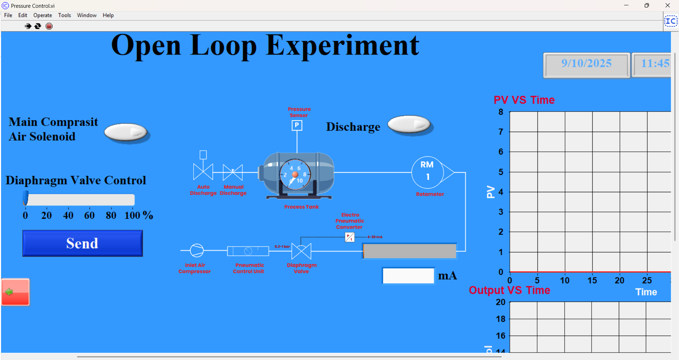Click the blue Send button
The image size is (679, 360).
click(82, 243)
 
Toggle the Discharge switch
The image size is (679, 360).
click(409, 125)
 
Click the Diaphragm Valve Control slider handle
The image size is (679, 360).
click(25, 198)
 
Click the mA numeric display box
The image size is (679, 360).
click(408, 276)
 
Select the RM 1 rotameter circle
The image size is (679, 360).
click(427, 172)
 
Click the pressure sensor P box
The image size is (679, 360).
click(297, 125)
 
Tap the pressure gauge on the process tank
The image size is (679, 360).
click(295, 175)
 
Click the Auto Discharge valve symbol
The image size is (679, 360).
click(203, 172)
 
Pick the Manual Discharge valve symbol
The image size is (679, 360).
click(233, 172)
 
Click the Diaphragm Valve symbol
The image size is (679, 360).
click(301, 251)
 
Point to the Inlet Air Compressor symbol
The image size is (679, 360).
click(197, 250)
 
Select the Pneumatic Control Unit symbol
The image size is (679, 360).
click(248, 251)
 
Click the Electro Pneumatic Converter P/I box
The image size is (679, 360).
click(350, 237)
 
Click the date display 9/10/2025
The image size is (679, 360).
click(586, 64)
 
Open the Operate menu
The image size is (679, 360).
click(42, 15)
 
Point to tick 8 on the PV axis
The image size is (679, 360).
click(501, 112)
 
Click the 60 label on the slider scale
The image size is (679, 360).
click(89, 215)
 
